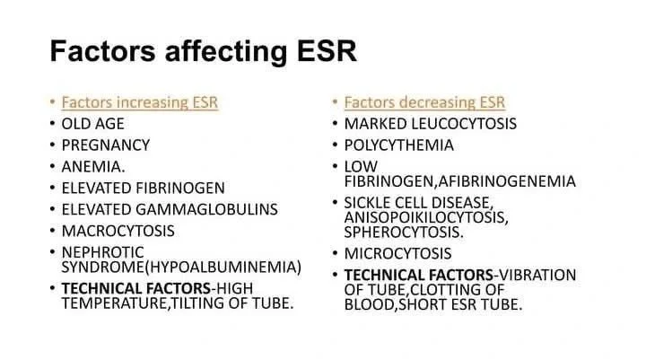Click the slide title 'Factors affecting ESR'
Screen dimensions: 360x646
(x=204, y=51)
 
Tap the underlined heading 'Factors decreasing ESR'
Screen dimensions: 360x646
(x=424, y=101)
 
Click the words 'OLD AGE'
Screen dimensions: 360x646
(x=92, y=123)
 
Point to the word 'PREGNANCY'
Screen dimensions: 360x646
(x=105, y=145)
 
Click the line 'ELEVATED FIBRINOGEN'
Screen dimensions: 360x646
(x=143, y=188)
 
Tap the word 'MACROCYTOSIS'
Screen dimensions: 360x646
(x=118, y=231)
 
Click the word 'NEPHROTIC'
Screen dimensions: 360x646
(x=102, y=252)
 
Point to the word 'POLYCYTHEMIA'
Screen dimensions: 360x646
(x=398, y=145)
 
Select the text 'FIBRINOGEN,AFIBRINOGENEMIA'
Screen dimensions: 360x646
(x=459, y=181)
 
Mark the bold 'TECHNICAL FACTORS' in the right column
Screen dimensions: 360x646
(x=409, y=275)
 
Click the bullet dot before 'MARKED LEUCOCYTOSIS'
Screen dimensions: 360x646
(x=333, y=123)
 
